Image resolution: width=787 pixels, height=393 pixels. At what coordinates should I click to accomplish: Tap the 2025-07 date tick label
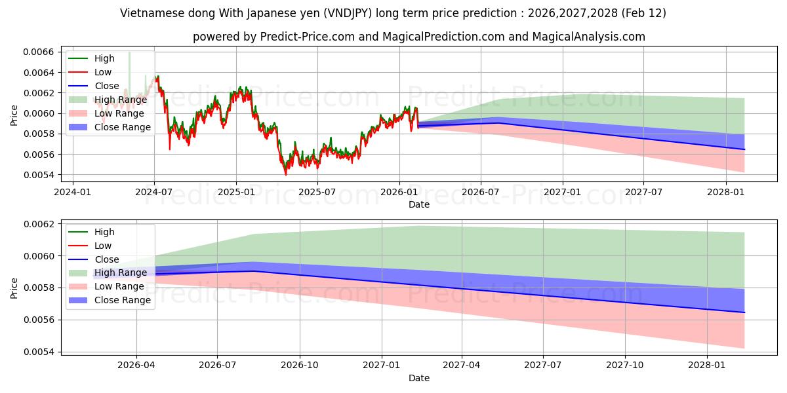[x=317, y=192]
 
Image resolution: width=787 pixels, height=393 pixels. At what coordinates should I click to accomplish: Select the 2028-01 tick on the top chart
[x=726, y=192]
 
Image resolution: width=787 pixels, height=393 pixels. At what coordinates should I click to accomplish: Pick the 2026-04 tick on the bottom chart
[x=136, y=365]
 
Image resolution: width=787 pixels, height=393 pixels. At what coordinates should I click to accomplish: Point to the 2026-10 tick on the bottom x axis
[x=299, y=365]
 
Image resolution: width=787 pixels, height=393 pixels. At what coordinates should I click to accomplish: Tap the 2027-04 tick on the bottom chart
[x=462, y=365]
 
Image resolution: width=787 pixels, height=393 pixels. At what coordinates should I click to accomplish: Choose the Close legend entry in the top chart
[x=107, y=86]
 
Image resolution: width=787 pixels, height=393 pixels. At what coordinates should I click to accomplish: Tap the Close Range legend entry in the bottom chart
[x=123, y=300]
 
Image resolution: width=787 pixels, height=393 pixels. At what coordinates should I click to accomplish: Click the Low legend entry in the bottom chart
[x=103, y=246]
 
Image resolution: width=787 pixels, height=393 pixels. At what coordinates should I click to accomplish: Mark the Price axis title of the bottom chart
[x=14, y=287]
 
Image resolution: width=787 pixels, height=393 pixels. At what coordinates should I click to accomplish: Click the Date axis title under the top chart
[x=419, y=204]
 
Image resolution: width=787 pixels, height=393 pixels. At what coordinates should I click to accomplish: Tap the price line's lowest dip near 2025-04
[x=285, y=174]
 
